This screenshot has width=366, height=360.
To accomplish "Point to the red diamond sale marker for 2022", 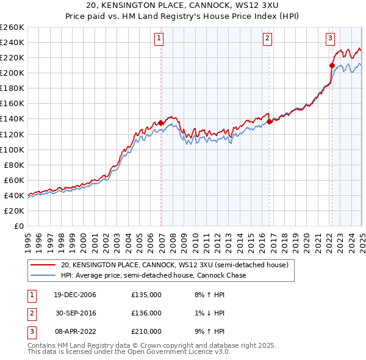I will point(332,65).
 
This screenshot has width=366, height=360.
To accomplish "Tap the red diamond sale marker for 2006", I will point(161,123).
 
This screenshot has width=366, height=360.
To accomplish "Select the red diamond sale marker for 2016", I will point(270,122).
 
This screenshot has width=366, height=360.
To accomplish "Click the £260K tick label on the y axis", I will point(12,27).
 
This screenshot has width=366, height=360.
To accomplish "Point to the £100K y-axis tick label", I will point(12,149).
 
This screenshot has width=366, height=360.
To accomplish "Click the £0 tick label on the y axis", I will point(18,226).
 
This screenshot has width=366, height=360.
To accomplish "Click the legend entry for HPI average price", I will point(152,275).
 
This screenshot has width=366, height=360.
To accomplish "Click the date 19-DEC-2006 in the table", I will point(75,295).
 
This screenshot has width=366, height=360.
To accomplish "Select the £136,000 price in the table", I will point(146,313).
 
